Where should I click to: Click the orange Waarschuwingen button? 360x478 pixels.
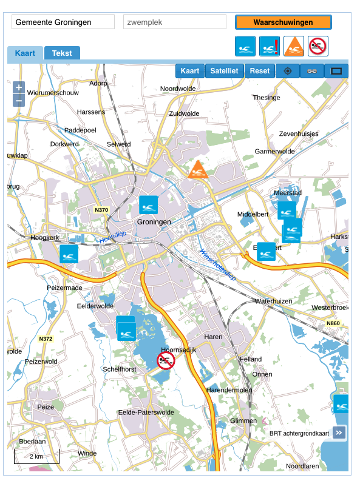pyautogui.click(x=283, y=22)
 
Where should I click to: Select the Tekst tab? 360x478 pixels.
pyautogui.click(x=62, y=53)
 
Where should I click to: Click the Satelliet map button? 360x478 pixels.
pyautogui.click(x=225, y=71)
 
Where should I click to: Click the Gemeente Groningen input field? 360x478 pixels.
pyautogui.click(x=63, y=22)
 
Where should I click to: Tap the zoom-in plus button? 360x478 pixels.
pyautogui.click(x=19, y=87)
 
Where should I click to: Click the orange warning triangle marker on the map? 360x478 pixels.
pyautogui.click(x=198, y=170)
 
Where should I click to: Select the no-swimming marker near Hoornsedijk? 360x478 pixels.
pyautogui.click(x=166, y=360)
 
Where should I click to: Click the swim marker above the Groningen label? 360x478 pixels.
pyautogui.click(x=148, y=205)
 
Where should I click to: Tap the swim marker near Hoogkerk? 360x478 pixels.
pyautogui.click(x=69, y=254)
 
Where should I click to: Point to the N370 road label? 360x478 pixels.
pyautogui.click(x=101, y=210)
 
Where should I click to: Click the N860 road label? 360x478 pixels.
pyautogui.click(x=333, y=323)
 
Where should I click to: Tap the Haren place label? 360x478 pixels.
pyautogui.click(x=214, y=337)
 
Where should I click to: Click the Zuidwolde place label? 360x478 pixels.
pyautogui.click(x=184, y=113)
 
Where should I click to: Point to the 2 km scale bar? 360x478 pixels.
pyautogui.click(x=36, y=456)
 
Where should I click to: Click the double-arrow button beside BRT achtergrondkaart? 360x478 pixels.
pyautogui.click(x=339, y=433)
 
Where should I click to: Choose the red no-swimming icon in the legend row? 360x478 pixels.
pyautogui.click(x=318, y=46)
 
